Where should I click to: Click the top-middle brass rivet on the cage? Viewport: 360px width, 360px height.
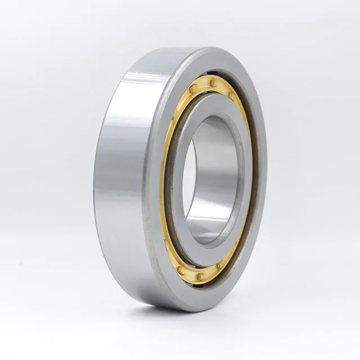click(213, 83)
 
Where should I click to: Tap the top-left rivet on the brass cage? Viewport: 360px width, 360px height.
click(193, 89)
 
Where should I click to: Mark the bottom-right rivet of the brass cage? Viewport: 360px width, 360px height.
click(220, 264)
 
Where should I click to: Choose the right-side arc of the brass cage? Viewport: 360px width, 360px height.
click(247, 169)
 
